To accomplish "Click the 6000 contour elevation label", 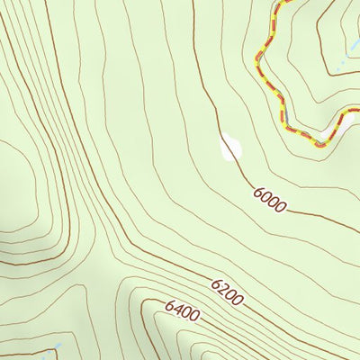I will coord(270,200).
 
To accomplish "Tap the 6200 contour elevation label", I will coord(227,292).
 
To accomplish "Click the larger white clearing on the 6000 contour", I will coord(230,148).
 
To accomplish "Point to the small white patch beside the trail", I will coord(323,139).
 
